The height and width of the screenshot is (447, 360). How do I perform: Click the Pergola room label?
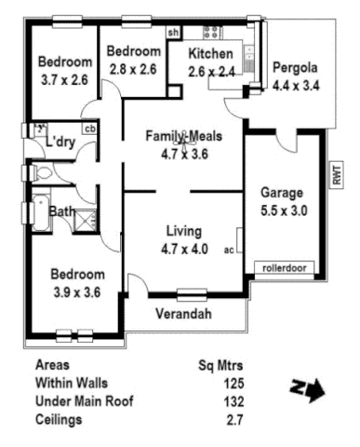295,68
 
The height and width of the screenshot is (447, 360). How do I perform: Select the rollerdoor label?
285,268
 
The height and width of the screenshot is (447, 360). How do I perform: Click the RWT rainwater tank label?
336,174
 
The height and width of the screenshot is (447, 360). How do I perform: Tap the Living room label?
182,231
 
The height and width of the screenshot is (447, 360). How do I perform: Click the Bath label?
61,212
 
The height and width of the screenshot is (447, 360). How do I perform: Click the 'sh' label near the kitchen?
173,34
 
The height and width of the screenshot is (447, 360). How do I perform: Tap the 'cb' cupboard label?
90,129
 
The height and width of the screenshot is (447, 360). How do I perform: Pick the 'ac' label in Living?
229,250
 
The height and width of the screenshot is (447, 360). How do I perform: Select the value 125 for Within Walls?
233,383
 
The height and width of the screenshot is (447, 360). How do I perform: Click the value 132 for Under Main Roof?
233,401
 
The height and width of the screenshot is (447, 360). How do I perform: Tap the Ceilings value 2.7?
235,420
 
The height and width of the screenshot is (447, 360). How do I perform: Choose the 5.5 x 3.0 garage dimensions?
284,211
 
